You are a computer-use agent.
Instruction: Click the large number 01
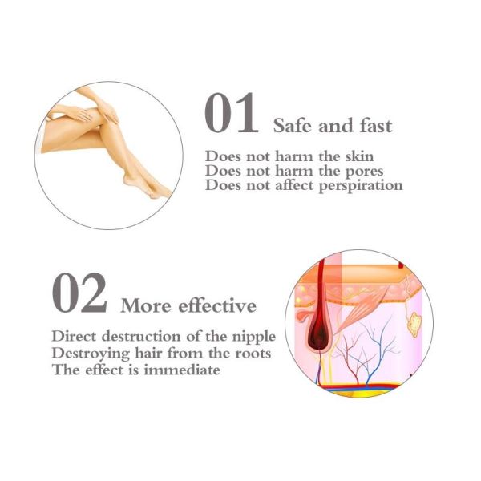[x=231, y=114]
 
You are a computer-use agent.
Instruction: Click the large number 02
[x=79, y=294]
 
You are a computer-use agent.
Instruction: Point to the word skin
[x=358, y=156]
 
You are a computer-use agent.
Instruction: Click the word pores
[x=365, y=170]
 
